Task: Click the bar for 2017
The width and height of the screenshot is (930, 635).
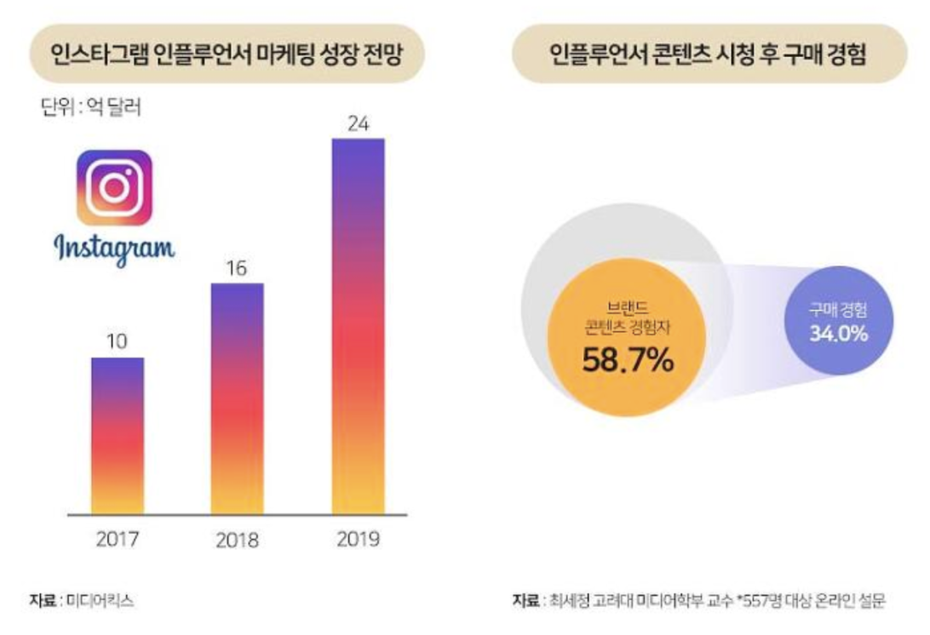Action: (118, 435)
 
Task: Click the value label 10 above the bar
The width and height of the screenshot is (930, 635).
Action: (118, 341)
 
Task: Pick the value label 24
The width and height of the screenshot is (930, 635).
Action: (358, 123)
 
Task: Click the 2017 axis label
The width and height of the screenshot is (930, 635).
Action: (118, 539)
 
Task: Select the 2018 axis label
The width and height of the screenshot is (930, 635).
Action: (237, 541)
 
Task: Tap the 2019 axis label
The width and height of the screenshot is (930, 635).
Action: (358, 541)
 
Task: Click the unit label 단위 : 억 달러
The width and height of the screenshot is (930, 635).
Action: (90, 108)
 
